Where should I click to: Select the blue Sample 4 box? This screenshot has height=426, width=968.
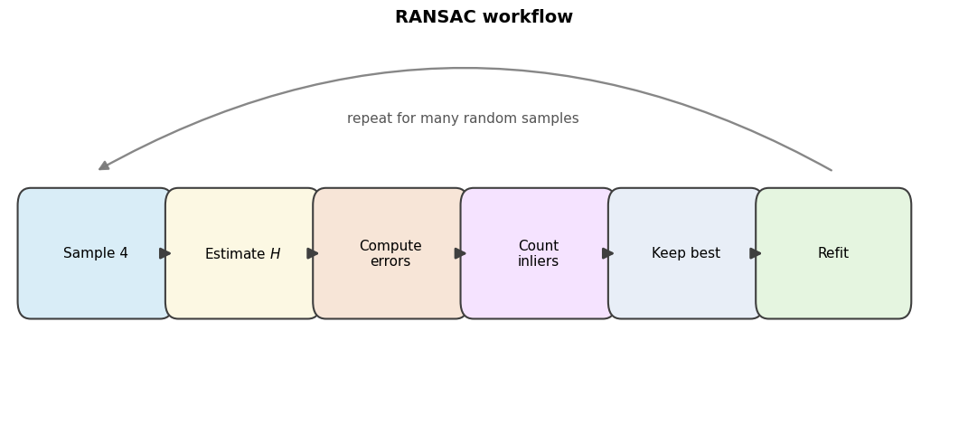95,253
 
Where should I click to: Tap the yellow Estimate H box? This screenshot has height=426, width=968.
242,253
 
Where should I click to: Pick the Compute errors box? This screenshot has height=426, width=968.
390,253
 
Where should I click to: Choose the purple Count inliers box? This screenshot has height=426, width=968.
538,253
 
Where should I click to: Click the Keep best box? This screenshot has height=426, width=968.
685,253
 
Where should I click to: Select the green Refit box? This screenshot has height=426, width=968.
833,253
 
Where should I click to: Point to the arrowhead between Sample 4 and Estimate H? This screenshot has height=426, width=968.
164,253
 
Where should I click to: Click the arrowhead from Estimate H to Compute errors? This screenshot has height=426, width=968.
313,253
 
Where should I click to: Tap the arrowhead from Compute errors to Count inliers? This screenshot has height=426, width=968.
460,253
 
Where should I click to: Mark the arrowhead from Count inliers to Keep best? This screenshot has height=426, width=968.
607,253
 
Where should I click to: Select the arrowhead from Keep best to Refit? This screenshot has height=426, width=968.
755,253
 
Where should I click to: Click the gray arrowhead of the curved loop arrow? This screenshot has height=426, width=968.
104,166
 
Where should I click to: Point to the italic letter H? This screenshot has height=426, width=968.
276,254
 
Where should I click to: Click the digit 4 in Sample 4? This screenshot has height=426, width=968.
124,253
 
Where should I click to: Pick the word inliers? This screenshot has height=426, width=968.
538,261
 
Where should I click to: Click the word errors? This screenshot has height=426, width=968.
390,261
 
